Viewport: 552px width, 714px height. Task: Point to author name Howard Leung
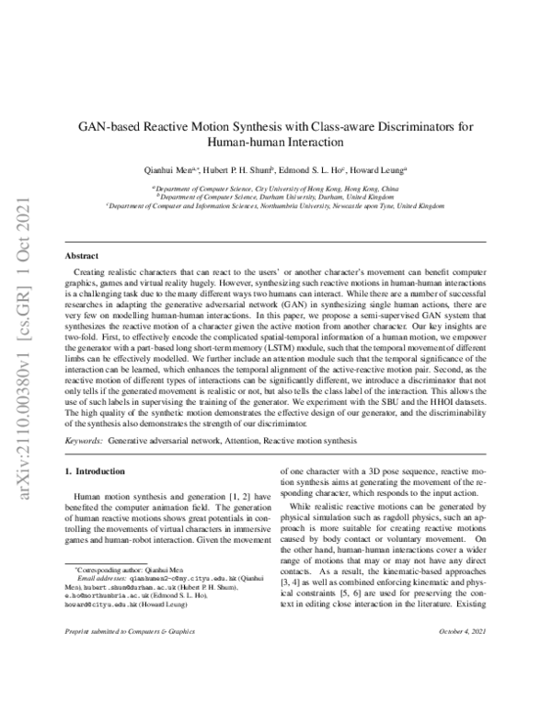tap(380, 169)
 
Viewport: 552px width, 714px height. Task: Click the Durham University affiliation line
tap(276, 196)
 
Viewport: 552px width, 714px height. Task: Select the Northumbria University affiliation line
tap(276, 207)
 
